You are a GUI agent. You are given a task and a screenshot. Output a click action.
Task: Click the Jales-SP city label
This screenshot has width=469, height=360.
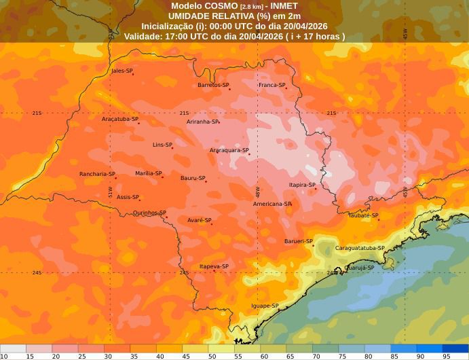[121, 71]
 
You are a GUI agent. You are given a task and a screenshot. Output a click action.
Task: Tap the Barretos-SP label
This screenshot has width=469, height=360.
[213, 85]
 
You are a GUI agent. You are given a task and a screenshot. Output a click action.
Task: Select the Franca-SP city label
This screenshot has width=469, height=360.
[271, 85]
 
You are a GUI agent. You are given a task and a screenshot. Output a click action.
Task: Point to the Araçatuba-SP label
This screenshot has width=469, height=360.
[119, 119]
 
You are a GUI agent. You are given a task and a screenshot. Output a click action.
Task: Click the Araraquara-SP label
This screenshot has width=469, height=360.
[229, 150]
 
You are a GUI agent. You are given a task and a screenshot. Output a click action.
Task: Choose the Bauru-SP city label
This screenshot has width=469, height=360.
[192, 178]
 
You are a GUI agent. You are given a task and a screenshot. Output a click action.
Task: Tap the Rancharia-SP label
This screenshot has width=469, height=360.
[96, 174]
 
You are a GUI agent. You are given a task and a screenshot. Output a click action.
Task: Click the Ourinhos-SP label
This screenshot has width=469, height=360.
[149, 213]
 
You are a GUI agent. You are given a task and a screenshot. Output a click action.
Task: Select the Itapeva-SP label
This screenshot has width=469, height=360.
[214, 266]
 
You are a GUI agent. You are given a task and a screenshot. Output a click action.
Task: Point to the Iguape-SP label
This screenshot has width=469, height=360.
[265, 306]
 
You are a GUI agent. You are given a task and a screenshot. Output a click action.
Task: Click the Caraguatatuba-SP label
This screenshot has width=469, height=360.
[360, 248]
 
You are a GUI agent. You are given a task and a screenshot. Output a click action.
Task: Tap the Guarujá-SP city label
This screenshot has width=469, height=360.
[360, 268]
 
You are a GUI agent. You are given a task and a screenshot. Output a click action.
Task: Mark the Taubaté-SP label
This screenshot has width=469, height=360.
[363, 215]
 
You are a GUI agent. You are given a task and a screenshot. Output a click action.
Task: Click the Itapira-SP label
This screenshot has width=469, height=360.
[302, 185]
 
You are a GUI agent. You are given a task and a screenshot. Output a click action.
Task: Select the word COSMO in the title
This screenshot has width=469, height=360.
[221, 5]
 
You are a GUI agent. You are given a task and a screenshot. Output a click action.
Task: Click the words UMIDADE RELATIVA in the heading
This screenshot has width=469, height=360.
[206, 16]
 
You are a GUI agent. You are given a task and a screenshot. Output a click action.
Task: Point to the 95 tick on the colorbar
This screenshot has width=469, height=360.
[447, 356]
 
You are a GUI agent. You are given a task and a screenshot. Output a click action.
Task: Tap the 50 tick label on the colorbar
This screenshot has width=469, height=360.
[212, 356]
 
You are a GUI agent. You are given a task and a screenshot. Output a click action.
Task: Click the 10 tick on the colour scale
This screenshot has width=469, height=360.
[4, 356]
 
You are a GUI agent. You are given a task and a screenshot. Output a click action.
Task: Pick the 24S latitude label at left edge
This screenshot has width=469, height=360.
[37, 272]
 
